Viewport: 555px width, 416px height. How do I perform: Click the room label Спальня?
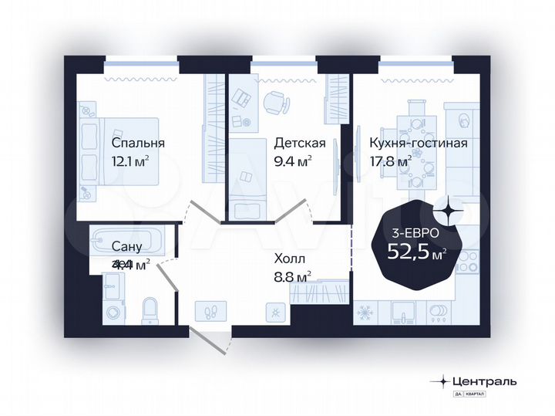(x=138, y=144)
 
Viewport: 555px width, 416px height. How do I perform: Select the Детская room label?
(x=300, y=144)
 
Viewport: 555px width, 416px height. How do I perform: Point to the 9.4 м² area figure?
(x=293, y=161)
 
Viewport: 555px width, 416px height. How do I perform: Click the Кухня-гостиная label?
(x=418, y=144)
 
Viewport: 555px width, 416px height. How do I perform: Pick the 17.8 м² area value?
(x=390, y=161)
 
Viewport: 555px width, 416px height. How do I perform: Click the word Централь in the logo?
(x=488, y=380)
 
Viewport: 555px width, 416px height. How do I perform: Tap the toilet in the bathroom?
(x=150, y=309)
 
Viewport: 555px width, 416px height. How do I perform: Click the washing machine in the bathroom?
(x=113, y=313)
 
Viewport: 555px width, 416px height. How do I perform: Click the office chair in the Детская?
(x=276, y=102)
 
